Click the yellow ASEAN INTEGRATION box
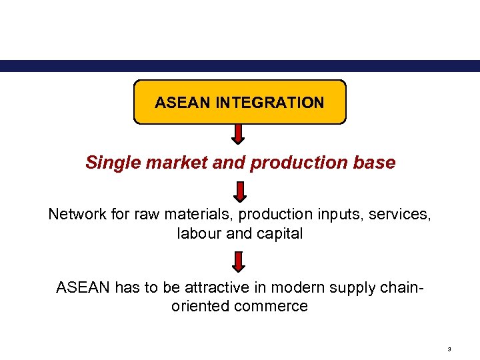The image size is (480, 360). click(x=240, y=102)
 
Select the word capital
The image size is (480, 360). click(x=281, y=233)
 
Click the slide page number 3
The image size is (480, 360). click(x=450, y=349)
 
